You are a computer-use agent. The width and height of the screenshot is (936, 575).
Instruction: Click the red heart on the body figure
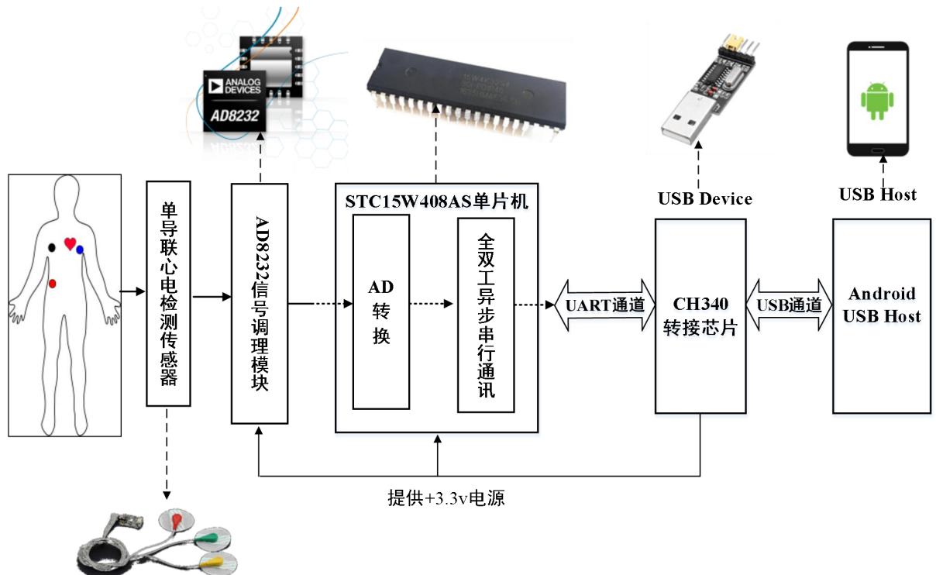70,244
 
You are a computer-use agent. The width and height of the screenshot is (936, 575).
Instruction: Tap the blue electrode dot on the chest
80,250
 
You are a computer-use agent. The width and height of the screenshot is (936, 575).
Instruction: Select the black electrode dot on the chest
52,247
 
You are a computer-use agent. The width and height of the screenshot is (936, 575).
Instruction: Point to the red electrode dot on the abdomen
52,284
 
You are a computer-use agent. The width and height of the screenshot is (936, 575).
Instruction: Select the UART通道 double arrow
600,305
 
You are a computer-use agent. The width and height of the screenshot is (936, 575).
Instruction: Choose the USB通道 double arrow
789,305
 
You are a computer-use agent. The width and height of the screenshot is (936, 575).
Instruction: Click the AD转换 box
380,312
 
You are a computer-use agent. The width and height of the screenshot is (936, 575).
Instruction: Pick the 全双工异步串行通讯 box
486,315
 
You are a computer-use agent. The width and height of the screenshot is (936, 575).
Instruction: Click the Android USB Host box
882,315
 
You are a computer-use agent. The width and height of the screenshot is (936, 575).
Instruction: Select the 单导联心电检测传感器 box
168,294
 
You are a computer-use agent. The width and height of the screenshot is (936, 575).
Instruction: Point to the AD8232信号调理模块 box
260,303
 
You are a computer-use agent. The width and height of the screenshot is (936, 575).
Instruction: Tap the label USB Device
704,199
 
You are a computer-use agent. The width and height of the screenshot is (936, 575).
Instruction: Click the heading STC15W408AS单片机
437,200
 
